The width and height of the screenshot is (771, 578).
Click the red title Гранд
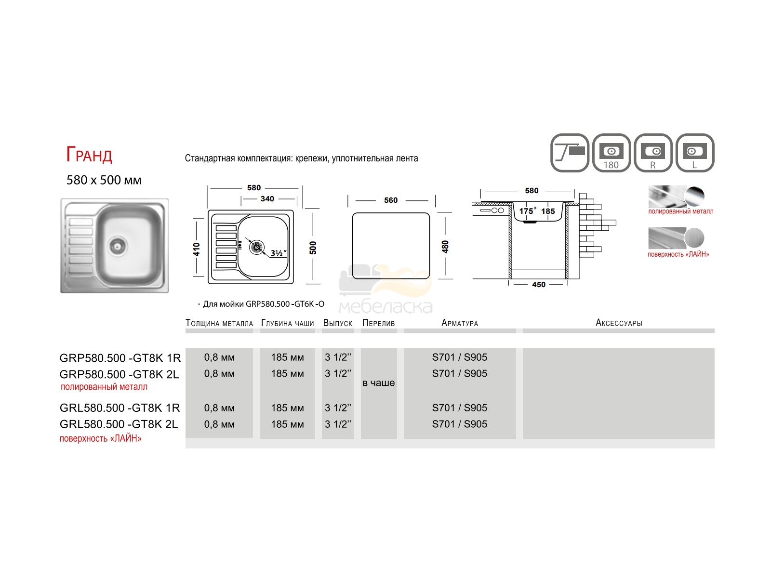pos(89,155)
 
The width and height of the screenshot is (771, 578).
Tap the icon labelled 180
pos(611,153)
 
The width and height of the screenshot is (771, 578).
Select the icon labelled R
pos(653,153)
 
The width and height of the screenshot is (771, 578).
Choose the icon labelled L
pos(695,153)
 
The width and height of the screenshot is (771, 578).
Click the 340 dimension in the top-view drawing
pos(267,198)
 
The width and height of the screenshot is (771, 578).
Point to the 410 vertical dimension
pos(196,249)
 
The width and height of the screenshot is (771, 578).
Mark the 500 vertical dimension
pos(313,248)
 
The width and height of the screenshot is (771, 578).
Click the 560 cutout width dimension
pos(391,200)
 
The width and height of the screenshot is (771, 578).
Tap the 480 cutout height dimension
pos(445,247)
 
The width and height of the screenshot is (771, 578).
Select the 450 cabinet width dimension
pos(538,284)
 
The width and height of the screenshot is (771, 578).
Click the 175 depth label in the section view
pos(527,211)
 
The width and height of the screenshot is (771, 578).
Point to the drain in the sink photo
pos(117,246)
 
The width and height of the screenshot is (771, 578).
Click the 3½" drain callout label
pos(279,253)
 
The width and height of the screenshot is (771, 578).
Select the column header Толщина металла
pos(219,323)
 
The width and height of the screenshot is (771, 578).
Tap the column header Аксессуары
pos(619,323)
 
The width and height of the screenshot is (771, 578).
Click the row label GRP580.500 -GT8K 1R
pos(120,358)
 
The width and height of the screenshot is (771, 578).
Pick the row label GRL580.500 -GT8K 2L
pos(119,424)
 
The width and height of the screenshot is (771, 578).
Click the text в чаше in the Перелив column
pos(379,382)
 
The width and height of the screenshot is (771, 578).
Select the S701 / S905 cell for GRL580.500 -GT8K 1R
pos(459,407)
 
